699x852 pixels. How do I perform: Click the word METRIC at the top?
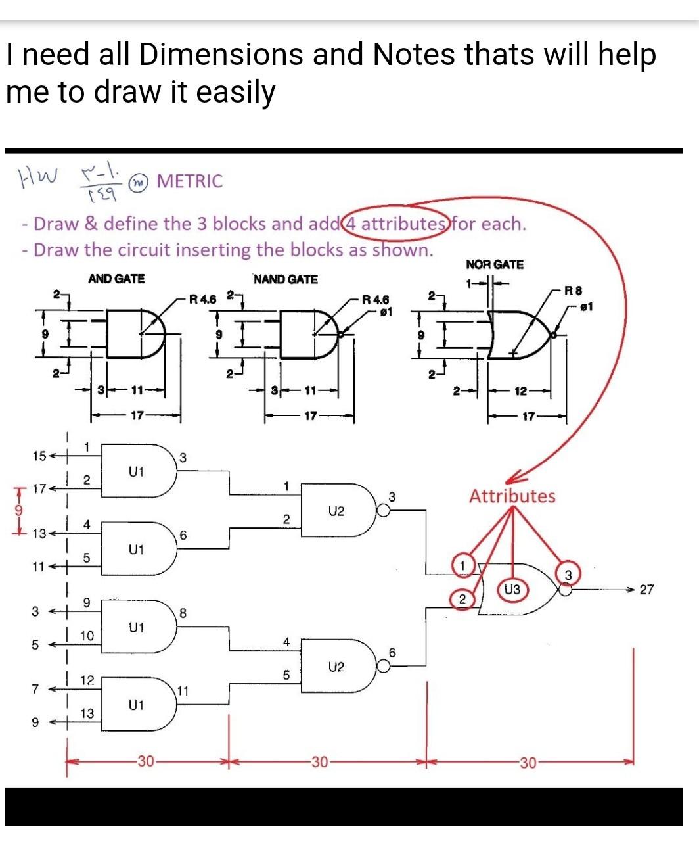click(190, 181)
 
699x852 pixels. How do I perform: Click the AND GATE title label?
click(116, 279)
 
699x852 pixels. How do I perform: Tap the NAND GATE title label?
click(286, 279)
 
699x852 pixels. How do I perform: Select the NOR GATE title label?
click(495, 265)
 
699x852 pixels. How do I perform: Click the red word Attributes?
click(512, 496)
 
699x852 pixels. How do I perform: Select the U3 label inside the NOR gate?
click(512, 590)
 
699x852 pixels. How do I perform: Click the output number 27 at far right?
click(646, 590)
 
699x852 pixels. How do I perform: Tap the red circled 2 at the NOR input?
click(462, 599)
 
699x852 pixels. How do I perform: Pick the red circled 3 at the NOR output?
click(568, 576)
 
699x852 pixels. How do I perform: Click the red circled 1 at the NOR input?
click(462, 565)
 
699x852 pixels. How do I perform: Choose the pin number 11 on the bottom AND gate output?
click(183, 691)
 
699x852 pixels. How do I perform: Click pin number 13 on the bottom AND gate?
click(87, 713)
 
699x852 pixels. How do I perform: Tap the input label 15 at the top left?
click(39, 456)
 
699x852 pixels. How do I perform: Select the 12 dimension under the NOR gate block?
click(520, 392)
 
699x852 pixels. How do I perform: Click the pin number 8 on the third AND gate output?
click(183, 613)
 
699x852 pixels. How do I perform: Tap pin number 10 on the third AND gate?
click(87, 636)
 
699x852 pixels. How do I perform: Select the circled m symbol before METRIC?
click(139, 182)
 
